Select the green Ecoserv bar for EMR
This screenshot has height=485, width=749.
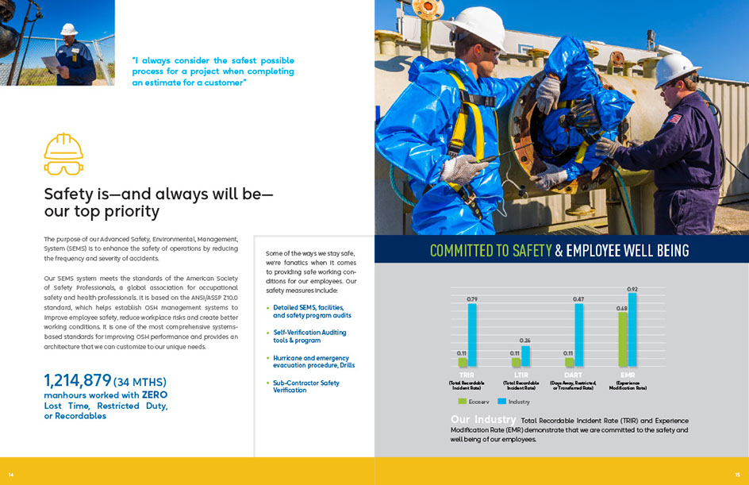[623, 339]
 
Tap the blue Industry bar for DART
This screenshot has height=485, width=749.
[579, 335]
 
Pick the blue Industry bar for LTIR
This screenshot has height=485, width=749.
[525, 356]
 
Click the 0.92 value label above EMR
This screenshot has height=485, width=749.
[632, 289]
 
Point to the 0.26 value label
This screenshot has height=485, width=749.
[525, 341]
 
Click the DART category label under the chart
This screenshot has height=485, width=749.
[573, 375]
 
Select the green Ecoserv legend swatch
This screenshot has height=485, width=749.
[462, 402]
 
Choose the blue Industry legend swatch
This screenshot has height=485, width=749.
[501, 402]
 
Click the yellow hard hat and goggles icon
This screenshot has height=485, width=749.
[63, 154]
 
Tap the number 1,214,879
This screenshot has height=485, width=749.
[78, 380]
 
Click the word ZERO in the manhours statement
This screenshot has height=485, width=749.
[155, 395]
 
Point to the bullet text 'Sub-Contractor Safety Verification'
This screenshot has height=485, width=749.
[306, 387]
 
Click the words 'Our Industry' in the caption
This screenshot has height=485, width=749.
[483, 419]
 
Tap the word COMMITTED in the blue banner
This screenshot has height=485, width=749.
[464, 251]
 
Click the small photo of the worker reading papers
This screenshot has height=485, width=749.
[57, 43]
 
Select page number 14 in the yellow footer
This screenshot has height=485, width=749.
[11, 475]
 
